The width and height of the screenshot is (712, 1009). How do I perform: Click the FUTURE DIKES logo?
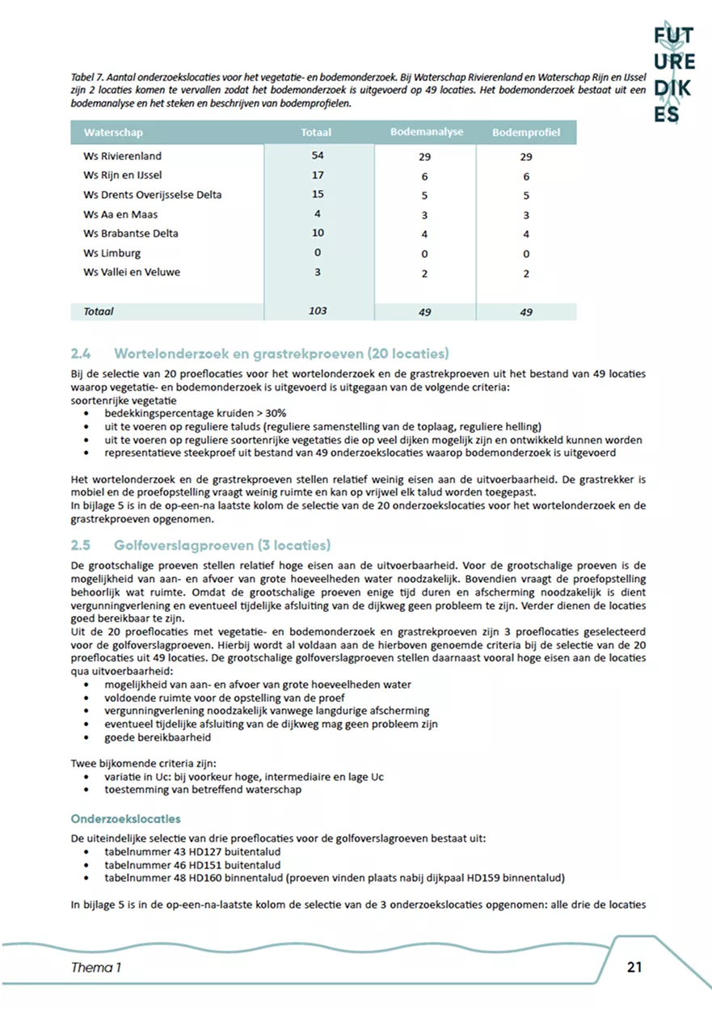pyautogui.click(x=674, y=72)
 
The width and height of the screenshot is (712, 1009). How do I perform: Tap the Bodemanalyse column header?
pyautogui.click(x=426, y=131)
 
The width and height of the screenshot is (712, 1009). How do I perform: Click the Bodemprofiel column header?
pyautogui.click(x=526, y=132)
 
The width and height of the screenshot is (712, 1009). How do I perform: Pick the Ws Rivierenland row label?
pyautogui.click(x=122, y=156)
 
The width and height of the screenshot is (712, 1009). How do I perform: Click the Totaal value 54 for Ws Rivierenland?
pyautogui.click(x=318, y=155)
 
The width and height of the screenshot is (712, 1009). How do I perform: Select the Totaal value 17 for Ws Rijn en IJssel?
pyautogui.click(x=318, y=175)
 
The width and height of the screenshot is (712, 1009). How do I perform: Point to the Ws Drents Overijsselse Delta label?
pyautogui.click(x=152, y=195)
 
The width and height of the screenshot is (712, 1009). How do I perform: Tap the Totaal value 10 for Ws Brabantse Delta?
pyautogui.click(x=318, y=234)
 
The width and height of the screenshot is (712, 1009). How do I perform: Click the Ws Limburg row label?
pyautogui.click(x=112, y=253)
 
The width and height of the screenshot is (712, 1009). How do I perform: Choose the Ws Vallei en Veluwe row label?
pyautogui.click(x=132, y=272)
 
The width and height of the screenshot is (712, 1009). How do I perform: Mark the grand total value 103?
pyautogui.click(x=318, y=311)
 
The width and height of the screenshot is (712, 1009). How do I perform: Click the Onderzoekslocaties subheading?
pyautogui.click(x=125, y=819)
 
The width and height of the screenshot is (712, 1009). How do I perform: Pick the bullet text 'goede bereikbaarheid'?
pyautogui.click(x=158, y=738)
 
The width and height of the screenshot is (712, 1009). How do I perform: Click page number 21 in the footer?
pyautogui.click(x=634, y=967)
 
